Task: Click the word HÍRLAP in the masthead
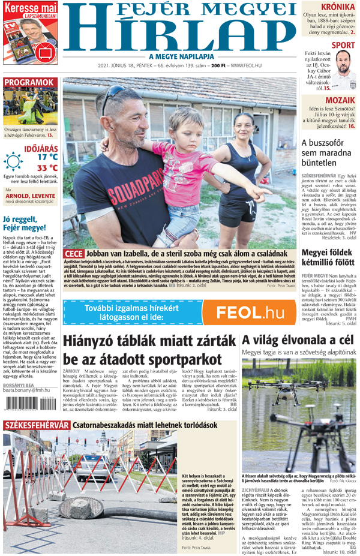point(179,31)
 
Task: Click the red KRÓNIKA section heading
point(337,8)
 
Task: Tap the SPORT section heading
point(343,45)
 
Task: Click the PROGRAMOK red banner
point(29,83)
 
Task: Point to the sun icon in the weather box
point(13,162)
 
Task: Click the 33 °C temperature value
point(47,167)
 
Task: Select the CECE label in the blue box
point(73,254)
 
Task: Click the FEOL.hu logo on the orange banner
point(250,312)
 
